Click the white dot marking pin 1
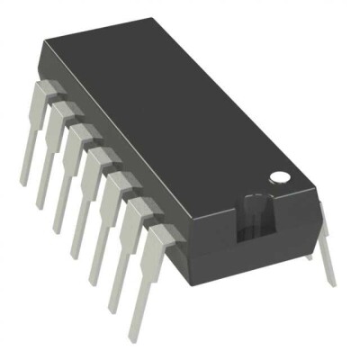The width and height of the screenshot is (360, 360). pyautogui.click(x=281, y=177)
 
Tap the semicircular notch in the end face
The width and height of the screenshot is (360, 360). pyautogui.click(x=255, y=219)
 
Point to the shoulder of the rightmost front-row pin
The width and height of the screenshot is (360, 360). pyautogui.click(x=157, y=238)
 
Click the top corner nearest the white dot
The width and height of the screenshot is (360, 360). pyautogui.click(x=314, y=184)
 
